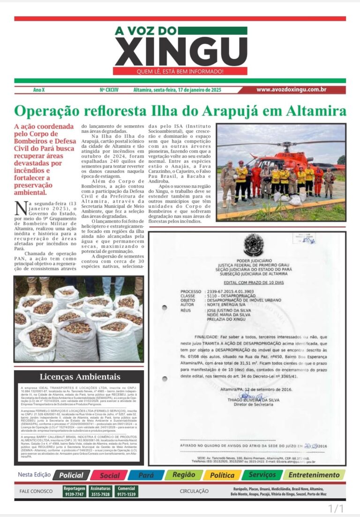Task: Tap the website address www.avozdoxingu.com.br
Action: point(291,90)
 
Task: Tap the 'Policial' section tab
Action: point(71,475)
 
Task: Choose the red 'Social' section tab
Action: point(109,475)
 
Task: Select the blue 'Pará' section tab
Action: point(146,475)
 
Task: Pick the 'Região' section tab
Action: point(183,475)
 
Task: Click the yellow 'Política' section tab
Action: point(222,475)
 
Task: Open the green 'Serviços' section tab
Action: point(262,475)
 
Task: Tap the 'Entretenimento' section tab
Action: point(314,475)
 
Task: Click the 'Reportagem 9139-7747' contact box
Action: point(75,491)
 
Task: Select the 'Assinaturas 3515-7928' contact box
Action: point(100,491)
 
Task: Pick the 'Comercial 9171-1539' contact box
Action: point(126,491)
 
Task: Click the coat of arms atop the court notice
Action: point(254,244)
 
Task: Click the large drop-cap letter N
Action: point(20,207)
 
